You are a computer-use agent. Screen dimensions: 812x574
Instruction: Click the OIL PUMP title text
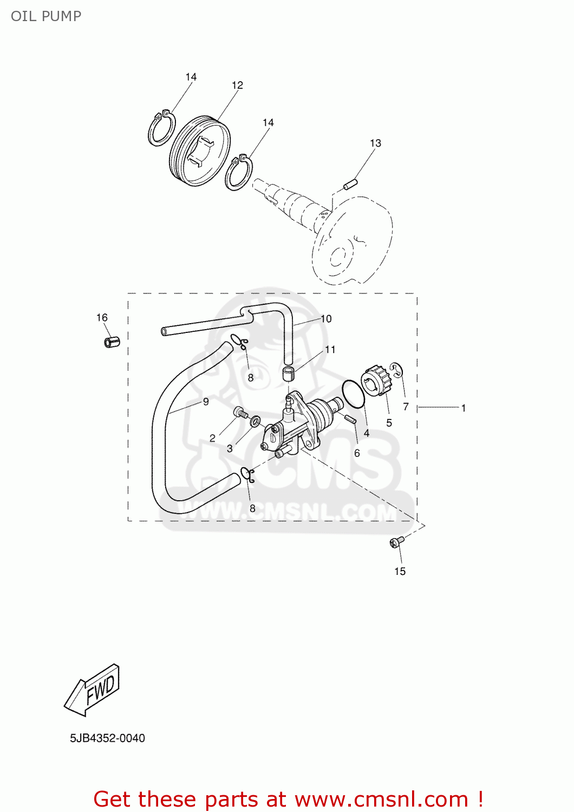[x=46, y=16]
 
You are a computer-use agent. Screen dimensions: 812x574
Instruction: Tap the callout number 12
[x=237, y=86]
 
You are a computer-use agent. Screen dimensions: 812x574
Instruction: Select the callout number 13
[x=375, y=143]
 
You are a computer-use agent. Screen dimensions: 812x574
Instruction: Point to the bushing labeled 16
[x=112, y=342]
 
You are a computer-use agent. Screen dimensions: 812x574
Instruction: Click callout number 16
[x=102, y=318]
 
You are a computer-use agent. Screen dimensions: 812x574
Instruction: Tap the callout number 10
[x=326, y=319]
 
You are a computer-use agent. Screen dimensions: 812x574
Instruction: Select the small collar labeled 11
[x=289, y=373]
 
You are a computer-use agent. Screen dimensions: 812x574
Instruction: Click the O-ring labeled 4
[x=354, y=395]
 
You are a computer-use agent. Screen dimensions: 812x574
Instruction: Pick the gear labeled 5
[x=376, y=381]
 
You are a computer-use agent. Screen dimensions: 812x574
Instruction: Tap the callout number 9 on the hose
[x=206, y=402]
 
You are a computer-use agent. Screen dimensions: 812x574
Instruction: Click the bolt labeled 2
[x=240, y=414]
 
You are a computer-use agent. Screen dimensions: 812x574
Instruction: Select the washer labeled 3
[x=255, y=421]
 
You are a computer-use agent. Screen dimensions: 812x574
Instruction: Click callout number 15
[x=400, y=572]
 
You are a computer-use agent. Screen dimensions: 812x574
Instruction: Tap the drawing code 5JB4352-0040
[x=107, y=738]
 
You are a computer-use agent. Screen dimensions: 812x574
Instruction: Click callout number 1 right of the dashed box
[x=464, y=408]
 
